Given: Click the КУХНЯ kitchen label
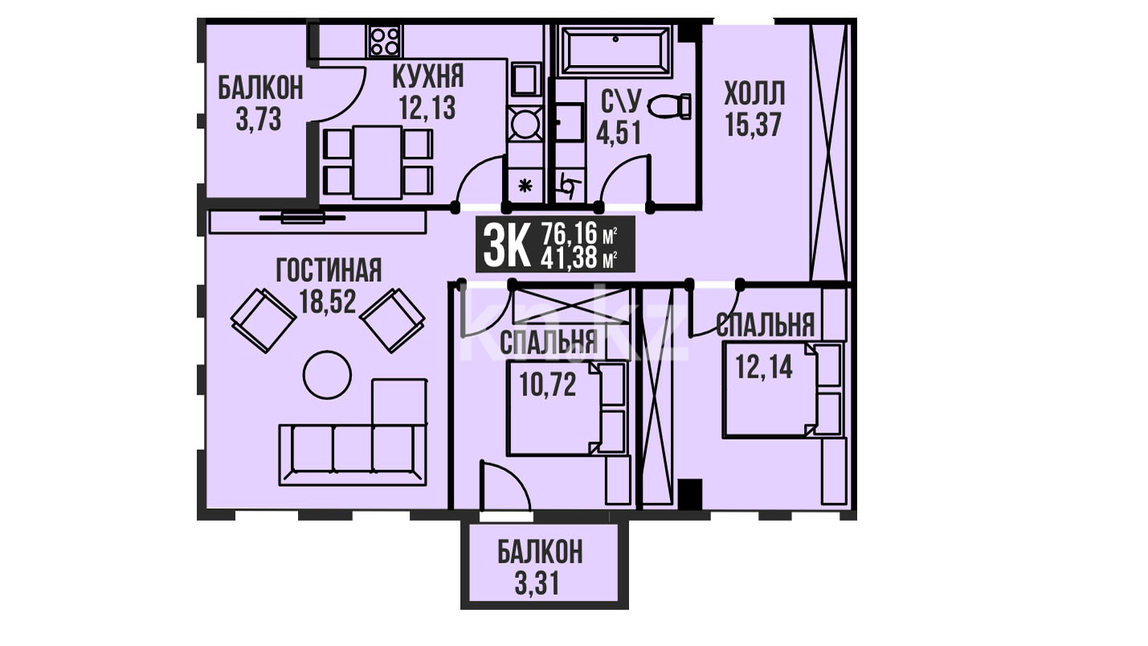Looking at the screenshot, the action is point(428,76).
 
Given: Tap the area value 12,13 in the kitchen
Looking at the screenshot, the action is point(427,108).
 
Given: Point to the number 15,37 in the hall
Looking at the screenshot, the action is point(754,125).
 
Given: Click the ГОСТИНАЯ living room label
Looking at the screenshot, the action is point(329,270).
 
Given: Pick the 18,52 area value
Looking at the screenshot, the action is point(328,301).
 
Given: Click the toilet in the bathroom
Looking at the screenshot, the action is point(669,107).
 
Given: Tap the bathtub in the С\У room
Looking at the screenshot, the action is point(615,51).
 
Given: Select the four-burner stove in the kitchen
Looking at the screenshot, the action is point(385,41).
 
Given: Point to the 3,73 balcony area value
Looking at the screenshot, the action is point(259,120).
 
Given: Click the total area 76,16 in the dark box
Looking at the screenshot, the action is point(570,234).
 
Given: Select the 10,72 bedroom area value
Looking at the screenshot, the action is point(548,384).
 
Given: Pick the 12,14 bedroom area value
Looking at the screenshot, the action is point(764,366).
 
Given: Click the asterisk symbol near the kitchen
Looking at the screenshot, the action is point(525,186).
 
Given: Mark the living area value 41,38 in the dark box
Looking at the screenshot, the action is point(570,258).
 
